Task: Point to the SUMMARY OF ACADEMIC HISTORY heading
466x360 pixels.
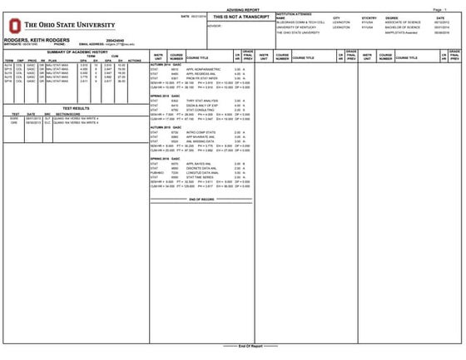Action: click(x=75, y=52)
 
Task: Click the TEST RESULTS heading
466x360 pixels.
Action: click(x=75, y=107)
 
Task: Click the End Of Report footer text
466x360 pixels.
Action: click(x=232, y=345)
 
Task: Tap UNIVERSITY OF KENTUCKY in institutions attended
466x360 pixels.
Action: click(x=300, y=27)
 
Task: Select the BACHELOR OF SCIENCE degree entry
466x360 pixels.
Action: click(x=401, y=27)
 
